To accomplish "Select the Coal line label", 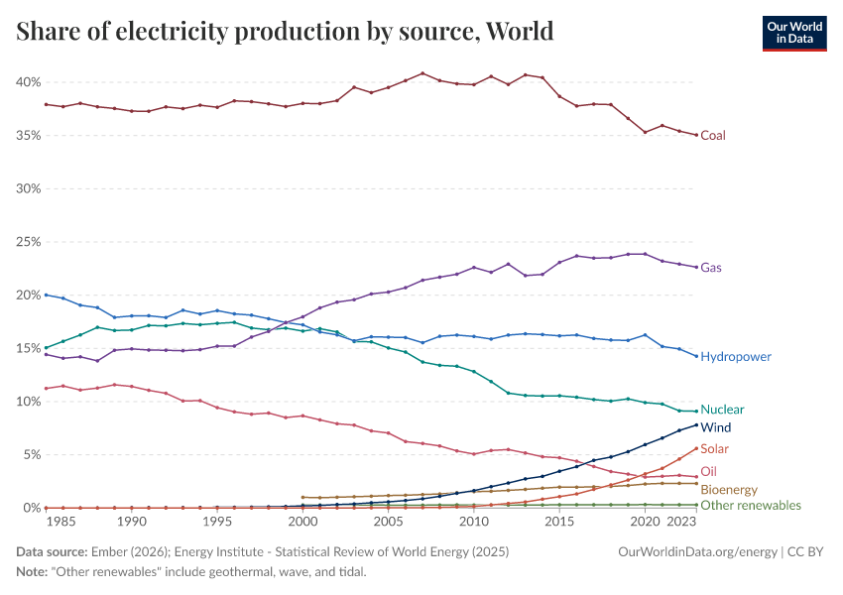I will pos(713,135).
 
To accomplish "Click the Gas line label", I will pos(711,268).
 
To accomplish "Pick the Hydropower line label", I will pos(736,356).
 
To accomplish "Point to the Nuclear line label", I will pos(722,410).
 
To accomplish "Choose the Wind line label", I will pos(715,427).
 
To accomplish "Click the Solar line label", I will pos(714,449).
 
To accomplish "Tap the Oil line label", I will pos(708,472).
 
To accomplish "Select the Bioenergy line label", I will pos(729,490).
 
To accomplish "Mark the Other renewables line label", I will pos(751,506).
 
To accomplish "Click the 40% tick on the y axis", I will pos(28,81).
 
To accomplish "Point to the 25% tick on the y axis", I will pos(28,242).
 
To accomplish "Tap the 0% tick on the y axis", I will pos(31,508).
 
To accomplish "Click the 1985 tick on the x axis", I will pos(62,522).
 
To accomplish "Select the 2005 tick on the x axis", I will pos(388,522).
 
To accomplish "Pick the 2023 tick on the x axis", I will pos(679,522).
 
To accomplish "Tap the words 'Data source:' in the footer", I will pos(50,550).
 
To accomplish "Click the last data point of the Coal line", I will pos(696,135).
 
